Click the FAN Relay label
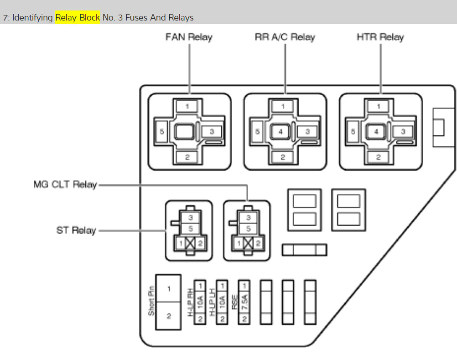point(189,37)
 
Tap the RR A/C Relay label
point(285,37)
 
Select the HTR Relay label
point(380,37)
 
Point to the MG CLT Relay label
point(65,185)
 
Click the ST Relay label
point(76,230)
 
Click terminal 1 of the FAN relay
point(187,106)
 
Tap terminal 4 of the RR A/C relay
point(281,132)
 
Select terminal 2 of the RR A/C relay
point(283,157)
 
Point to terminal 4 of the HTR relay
point(376,132)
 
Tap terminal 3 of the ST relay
point(191,218)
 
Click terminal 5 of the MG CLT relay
point(249,229)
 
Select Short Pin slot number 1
point(168,289)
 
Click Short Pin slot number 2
point(168,316)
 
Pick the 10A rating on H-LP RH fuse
point(200,302)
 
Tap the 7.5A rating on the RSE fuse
point(244,302)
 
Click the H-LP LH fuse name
point(212,302)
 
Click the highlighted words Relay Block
point(78,18)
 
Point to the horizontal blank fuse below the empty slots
point(304,250)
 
